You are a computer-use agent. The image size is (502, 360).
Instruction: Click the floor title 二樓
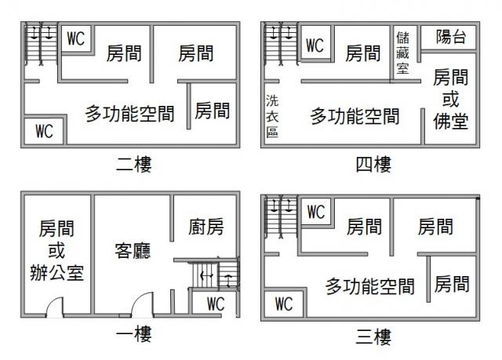pos(133,164)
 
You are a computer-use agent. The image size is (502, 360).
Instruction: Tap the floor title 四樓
pos(373,164)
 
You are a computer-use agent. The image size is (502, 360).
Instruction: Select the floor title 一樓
pos(133,334)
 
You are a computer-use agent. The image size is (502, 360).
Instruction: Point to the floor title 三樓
pos(373,336)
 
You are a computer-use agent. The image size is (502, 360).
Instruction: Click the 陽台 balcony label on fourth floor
pos(451,37)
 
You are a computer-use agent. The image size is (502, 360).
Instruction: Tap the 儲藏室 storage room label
pos(402,53)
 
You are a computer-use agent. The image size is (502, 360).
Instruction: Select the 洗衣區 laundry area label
pos(272,116)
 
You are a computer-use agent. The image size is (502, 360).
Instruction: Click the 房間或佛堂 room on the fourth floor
pos(450,99)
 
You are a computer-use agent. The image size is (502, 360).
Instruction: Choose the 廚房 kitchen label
pos(206,227)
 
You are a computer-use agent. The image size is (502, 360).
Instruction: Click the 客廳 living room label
pos(133,250)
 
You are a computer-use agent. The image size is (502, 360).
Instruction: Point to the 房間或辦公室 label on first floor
pos(56,250)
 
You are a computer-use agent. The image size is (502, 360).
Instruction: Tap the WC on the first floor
pos(216,304)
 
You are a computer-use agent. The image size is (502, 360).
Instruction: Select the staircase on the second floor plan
pos(41,44)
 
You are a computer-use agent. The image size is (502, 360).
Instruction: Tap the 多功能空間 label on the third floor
pos(370,286)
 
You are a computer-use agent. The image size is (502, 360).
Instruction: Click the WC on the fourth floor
pos(315,45)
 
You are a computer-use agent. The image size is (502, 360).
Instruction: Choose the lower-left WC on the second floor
pos(44,131)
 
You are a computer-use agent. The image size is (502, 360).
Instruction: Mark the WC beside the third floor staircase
pos(316,212)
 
